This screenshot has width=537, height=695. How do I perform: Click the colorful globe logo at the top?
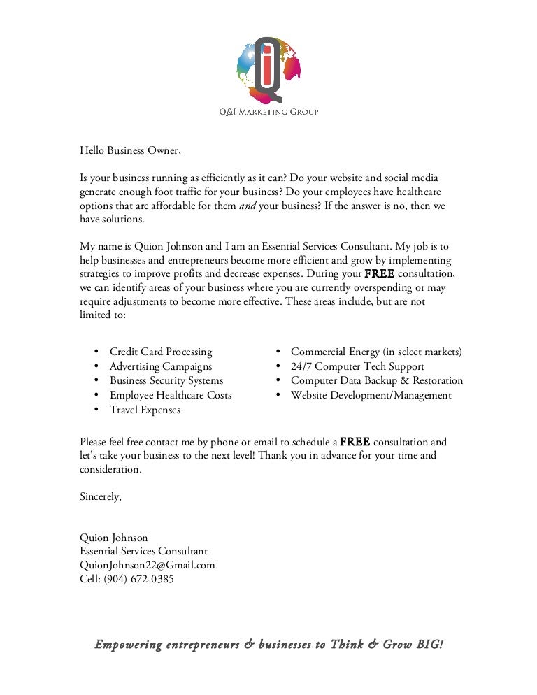268,66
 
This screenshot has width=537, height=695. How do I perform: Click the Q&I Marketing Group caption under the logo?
268,112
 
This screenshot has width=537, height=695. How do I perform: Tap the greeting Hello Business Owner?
130,150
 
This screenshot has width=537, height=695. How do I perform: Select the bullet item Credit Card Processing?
161,352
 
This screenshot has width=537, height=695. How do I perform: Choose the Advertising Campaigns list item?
161,366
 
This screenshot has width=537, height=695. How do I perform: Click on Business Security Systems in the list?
166,381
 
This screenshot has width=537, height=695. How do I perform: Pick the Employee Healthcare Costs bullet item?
171,396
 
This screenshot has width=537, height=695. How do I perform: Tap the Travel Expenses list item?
145,410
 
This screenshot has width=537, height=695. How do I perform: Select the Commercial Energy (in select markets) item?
376,352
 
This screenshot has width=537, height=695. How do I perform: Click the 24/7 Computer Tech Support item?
357,366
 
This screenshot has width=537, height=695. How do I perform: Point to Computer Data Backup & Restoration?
377,381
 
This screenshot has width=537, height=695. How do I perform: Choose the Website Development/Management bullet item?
371,396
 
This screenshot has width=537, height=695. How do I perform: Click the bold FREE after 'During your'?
380,273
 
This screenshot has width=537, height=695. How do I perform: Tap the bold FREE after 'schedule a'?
355,442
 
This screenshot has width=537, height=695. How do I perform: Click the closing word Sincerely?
101,496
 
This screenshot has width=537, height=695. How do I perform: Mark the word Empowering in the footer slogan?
129,645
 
